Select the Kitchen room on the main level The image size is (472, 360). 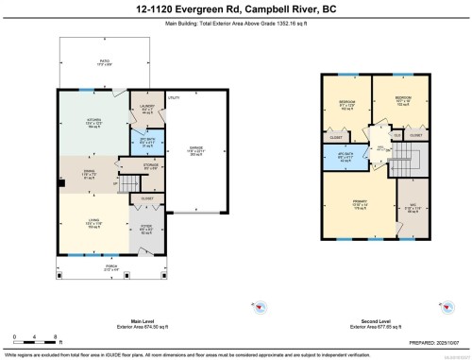pyautogui.click(x=91, y=123)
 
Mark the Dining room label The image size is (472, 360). pyautogui.click(x=87, y=174)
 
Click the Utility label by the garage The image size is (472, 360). pyautogui.click(x=174, y=97)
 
